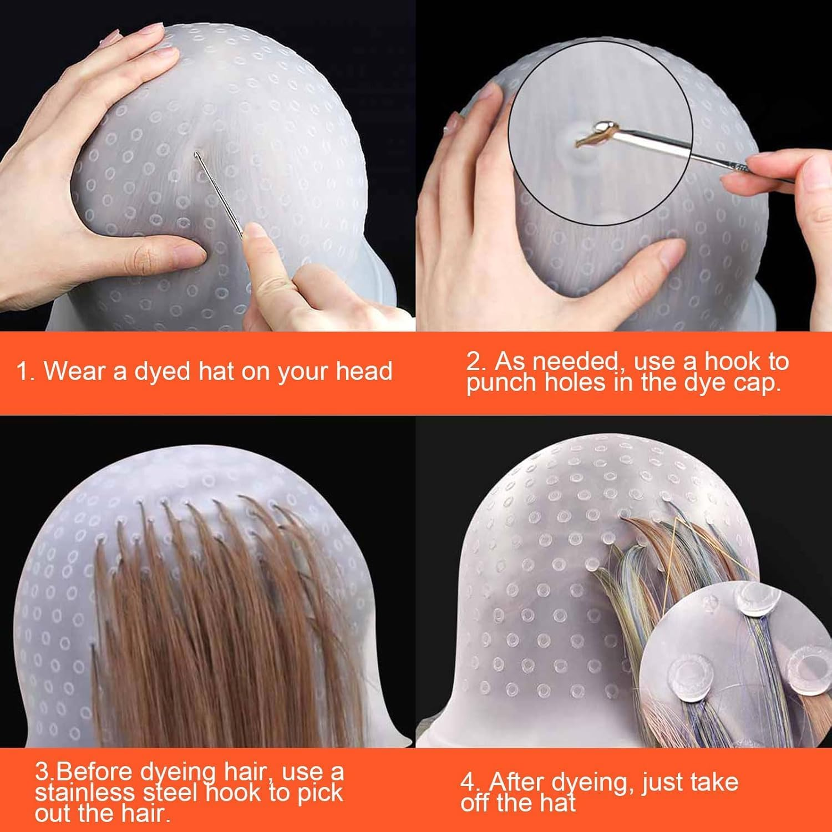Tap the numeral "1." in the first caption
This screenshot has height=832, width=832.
click(25, 371)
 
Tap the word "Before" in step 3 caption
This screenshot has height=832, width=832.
click(94, 772)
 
